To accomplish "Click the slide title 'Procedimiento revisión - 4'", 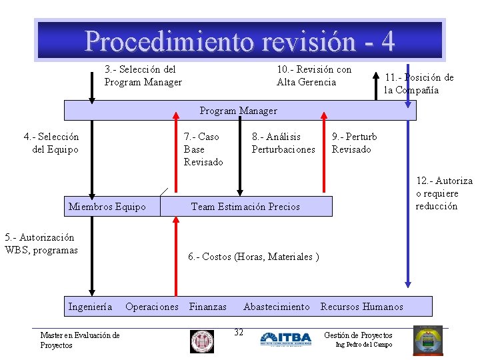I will point(239,41).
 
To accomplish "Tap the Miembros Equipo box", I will point(107,207).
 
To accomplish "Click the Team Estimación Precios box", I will point(245,207).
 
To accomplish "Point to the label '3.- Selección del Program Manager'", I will point(143,75).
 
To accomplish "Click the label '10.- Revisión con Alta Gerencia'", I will point(314,75).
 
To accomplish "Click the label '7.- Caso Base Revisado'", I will point(203,149).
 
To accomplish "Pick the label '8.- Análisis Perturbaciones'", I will point(283,143).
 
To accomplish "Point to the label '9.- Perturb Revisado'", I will point(354,143).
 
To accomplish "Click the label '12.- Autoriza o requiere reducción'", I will point(444,193).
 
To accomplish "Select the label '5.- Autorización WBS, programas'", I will point(41,243).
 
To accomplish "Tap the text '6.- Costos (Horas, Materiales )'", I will point(253,257).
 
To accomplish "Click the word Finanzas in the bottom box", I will point(208,307).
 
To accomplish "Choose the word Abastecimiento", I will point(277,307).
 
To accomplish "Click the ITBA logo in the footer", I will point(285,339).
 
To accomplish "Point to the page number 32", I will point(239,332).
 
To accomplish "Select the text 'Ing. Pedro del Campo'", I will point(363,345).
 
